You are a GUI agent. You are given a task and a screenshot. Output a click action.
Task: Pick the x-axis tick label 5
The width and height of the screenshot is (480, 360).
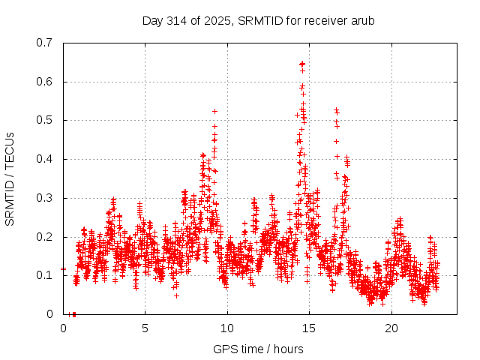coord(145,328)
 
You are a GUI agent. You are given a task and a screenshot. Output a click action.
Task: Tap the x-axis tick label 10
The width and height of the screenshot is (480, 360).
coord(227,328)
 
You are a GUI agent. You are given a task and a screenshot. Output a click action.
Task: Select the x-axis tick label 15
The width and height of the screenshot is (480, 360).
coord(309,328)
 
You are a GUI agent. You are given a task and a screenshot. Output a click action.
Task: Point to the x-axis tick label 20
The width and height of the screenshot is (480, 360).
coord(391,328)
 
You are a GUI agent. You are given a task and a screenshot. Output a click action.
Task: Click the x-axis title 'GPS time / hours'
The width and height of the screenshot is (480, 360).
coord(258,349)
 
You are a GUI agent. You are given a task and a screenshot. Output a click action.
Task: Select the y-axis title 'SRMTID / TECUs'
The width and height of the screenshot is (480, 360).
coord(10,178)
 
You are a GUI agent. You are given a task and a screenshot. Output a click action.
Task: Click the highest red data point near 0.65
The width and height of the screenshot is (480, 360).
coord(302,64)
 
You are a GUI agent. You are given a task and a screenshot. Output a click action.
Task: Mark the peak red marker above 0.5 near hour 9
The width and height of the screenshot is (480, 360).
coord(214,111)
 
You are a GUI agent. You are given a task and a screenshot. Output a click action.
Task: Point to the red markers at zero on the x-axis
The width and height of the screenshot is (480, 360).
coord(73,314)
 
